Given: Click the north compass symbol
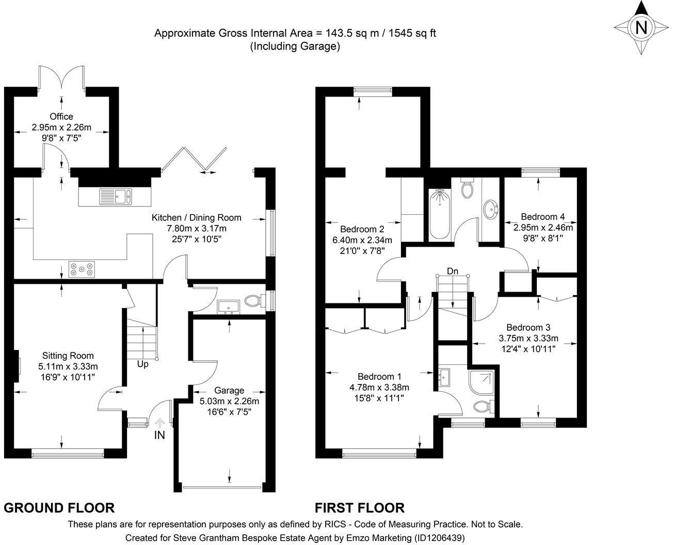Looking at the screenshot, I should click(641, 27).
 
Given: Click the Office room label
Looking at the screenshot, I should click(61, 117).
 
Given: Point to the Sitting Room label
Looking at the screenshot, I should click(68, 356).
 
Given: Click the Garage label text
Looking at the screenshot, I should click(229, 390).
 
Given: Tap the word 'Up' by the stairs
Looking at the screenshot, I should click(143, 364).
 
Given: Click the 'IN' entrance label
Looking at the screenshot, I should click(160, 435).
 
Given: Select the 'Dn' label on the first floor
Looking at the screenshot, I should click(453, 271).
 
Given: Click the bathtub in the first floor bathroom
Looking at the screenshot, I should click(439, 215).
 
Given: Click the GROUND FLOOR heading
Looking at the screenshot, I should click(59, 508).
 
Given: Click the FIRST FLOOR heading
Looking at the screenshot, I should click(360, 508).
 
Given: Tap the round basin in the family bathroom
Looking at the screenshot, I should click(490, 210).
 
